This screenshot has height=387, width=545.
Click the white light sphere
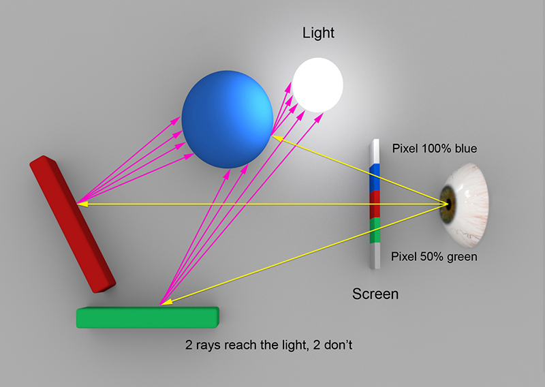(317, 85)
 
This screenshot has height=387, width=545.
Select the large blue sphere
(228, 120)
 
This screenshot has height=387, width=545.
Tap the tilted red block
(72, 224)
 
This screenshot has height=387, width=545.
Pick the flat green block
(148, 318)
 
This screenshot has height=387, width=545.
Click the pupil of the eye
(449, 204)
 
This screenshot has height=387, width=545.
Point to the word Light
(318, 33)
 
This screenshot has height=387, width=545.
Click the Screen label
(375, 294)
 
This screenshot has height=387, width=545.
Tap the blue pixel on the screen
(374, 178)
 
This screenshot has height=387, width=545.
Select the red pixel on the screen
(374, 205)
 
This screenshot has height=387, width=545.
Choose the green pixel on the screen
(375, 230)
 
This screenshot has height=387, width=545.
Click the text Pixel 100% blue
(435, 149)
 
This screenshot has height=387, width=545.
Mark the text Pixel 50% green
(434, 257)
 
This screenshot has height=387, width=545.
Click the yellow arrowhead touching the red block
(82, 204)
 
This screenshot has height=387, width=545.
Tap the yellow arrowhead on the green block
(166, 302)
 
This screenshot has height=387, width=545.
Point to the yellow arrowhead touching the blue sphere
(277, 138)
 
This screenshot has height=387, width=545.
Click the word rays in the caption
(209, 345)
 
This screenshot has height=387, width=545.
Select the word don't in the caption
(338, 345)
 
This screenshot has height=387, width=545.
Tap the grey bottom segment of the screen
(375, 256)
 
